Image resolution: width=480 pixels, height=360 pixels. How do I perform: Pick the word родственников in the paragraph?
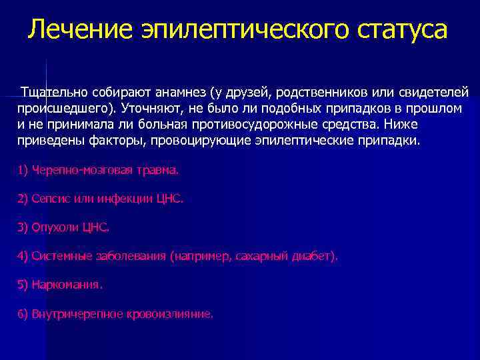(x=323, y=91)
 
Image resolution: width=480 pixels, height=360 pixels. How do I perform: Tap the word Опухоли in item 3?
(x=56, y=227)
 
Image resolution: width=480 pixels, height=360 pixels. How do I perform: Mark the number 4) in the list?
(x=23, y=255)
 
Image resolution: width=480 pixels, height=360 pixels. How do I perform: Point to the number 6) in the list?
(x=23, y=313)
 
